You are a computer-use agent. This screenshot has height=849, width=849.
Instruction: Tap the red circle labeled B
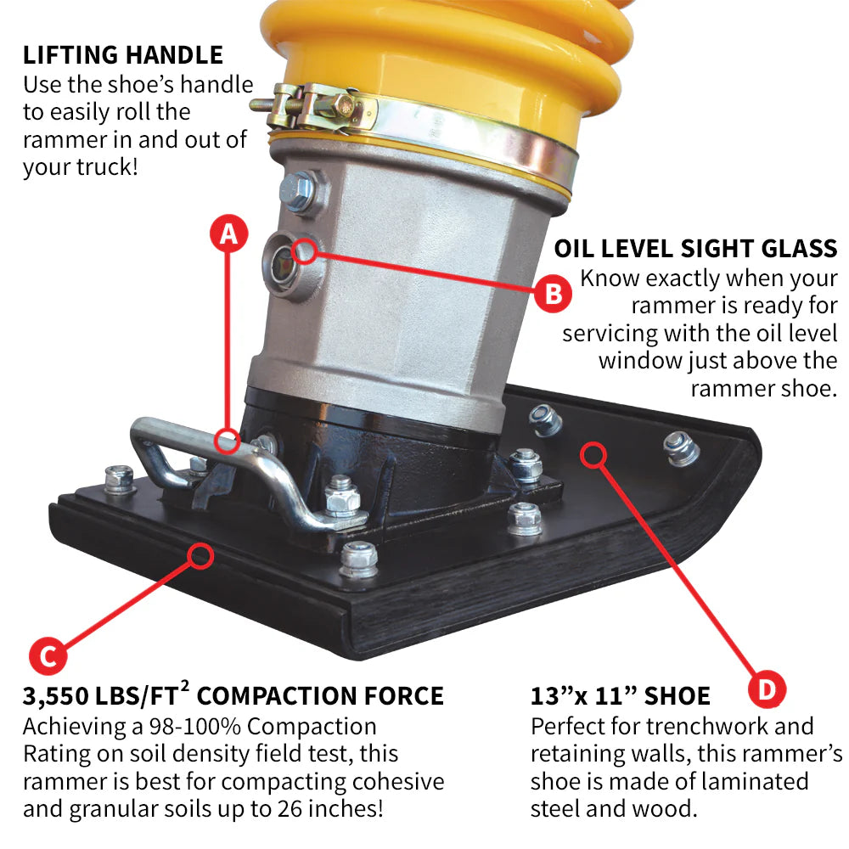[x=553, y=294]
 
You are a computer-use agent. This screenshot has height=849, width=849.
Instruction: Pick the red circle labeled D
[x=767, y=689]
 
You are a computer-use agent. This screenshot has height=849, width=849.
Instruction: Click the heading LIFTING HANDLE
[x=123, y=56]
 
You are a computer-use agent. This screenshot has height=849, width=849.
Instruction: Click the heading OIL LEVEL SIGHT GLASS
[x=695, y=249]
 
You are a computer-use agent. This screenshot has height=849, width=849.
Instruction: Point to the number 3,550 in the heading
[x=57, y=697]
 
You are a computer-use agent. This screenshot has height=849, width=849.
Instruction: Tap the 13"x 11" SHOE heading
[x=620, y=697]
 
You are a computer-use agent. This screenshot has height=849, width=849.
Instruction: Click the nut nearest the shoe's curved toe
[x=681, y=446]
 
